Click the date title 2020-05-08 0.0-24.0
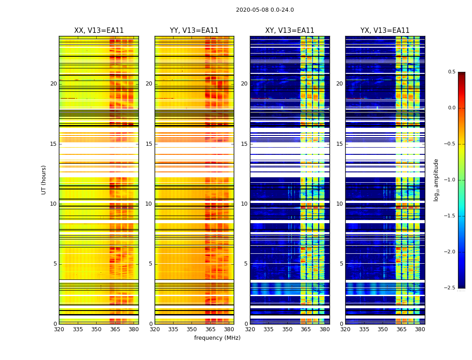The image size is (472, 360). coord(265,10)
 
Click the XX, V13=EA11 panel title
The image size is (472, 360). coord(99,31)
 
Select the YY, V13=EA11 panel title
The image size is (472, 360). coord(194,31)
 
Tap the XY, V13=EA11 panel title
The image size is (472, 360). coord(289,31)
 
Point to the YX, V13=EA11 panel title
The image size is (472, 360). coord(385,31)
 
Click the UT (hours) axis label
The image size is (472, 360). coord(44,180)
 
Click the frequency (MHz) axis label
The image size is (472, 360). coord(217,338)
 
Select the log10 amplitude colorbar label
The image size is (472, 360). coord(436,180)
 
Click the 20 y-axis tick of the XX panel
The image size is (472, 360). coord(53,84)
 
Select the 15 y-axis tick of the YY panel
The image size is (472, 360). coord(149,144)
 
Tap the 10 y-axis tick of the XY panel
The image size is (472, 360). coord(244,204)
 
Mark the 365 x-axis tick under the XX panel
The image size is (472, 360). coord(115,329)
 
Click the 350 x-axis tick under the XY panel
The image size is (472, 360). coord(287,329)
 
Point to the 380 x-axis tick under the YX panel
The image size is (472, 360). coord(420,329)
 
